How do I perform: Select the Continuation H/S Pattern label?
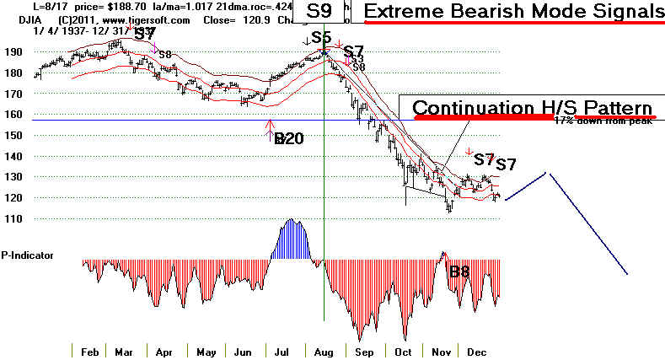tap(533, 109)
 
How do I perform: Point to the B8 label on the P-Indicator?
tap(459, 271)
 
